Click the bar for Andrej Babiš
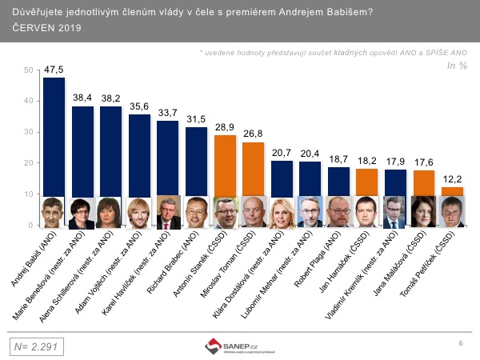pos(54,136)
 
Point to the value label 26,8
pos(252,134)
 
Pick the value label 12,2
pos(452,180)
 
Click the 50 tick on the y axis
pos(29,70)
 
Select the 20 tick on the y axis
pos(29,163)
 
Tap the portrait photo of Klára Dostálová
pos(281,212)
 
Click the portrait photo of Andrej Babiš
pos(54,212)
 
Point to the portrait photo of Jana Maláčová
pos(423,212)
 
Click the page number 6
pos(461,343)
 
